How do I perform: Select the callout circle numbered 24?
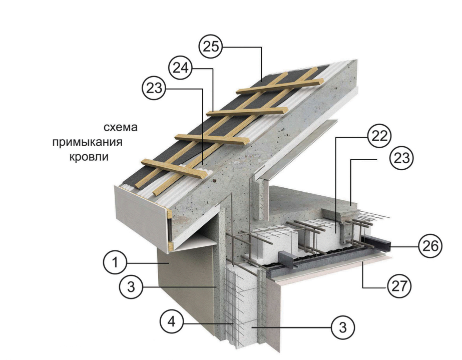pyautogui.click(x=180, y=68)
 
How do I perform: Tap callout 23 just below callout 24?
pyautogui.click(x=154, y=88)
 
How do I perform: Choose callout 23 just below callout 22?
pyautogui.click(x=401, y=158)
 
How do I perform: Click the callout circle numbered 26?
pyautogui.click(x=430, y=246)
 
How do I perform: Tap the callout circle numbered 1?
pyautogui.click(x=115, y=262)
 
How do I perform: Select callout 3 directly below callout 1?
pyautogui.click(x=131, y=286)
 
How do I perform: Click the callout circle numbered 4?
pyautogui.click(x=172, y=322)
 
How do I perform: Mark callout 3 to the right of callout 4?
pyautogui.click(x=343, y=327)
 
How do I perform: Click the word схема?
pyautogui.click(x=121, y=127)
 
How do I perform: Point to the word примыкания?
pyautogui.click(x=87, y=142)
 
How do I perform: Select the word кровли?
pyautogui.click(x=89, y=157)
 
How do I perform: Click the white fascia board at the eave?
pyautogui.click(x=142, y=217)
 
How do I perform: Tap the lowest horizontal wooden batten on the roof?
pyautogui.click(x=172, y=169)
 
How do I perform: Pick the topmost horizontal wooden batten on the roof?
pyautogui.click(x=280, y=86)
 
